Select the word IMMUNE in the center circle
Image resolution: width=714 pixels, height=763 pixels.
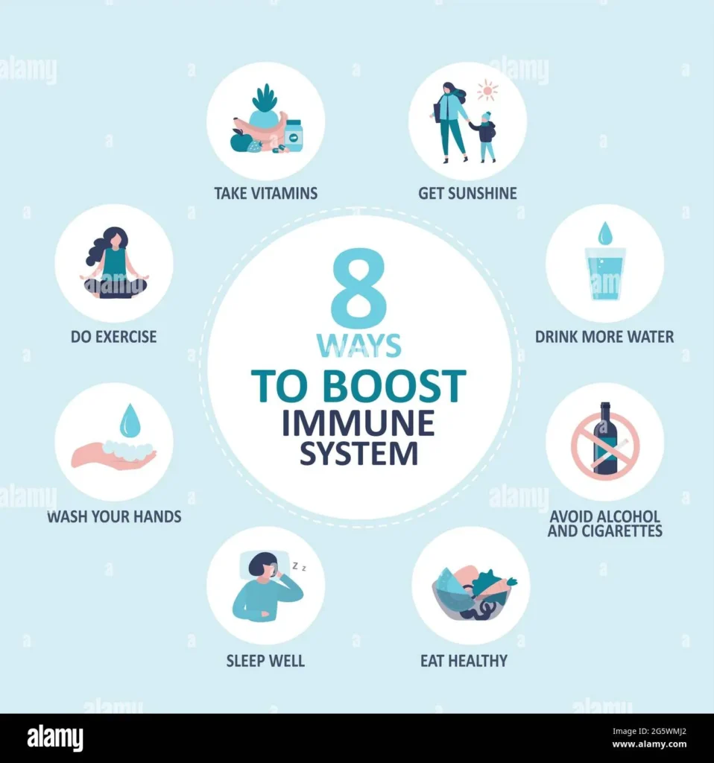click(x=358, y=423)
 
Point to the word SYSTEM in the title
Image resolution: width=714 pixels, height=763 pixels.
click(x=358, y=454)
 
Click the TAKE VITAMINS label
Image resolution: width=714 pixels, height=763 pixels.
click(x=266, y=194)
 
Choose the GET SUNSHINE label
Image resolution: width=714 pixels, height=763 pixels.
click(x=467, y=194)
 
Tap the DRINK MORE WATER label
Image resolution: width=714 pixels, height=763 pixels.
click(x=604, y=337)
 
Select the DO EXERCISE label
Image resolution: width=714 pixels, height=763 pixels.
click(x=114, y=337)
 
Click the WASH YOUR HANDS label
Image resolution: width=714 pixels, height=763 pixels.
click(x=114, y=516)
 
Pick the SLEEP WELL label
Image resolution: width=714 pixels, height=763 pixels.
click(x=266, y=661)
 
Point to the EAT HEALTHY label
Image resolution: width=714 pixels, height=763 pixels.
click(x=464, y=661)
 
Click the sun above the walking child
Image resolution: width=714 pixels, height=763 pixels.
click(x=487, y=91)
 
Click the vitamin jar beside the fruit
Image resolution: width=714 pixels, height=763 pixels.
click(x=294, y=135)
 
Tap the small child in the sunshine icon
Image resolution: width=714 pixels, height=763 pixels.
click(x=486, y=136)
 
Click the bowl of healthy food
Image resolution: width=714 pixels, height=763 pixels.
click(x=470, y=594)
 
